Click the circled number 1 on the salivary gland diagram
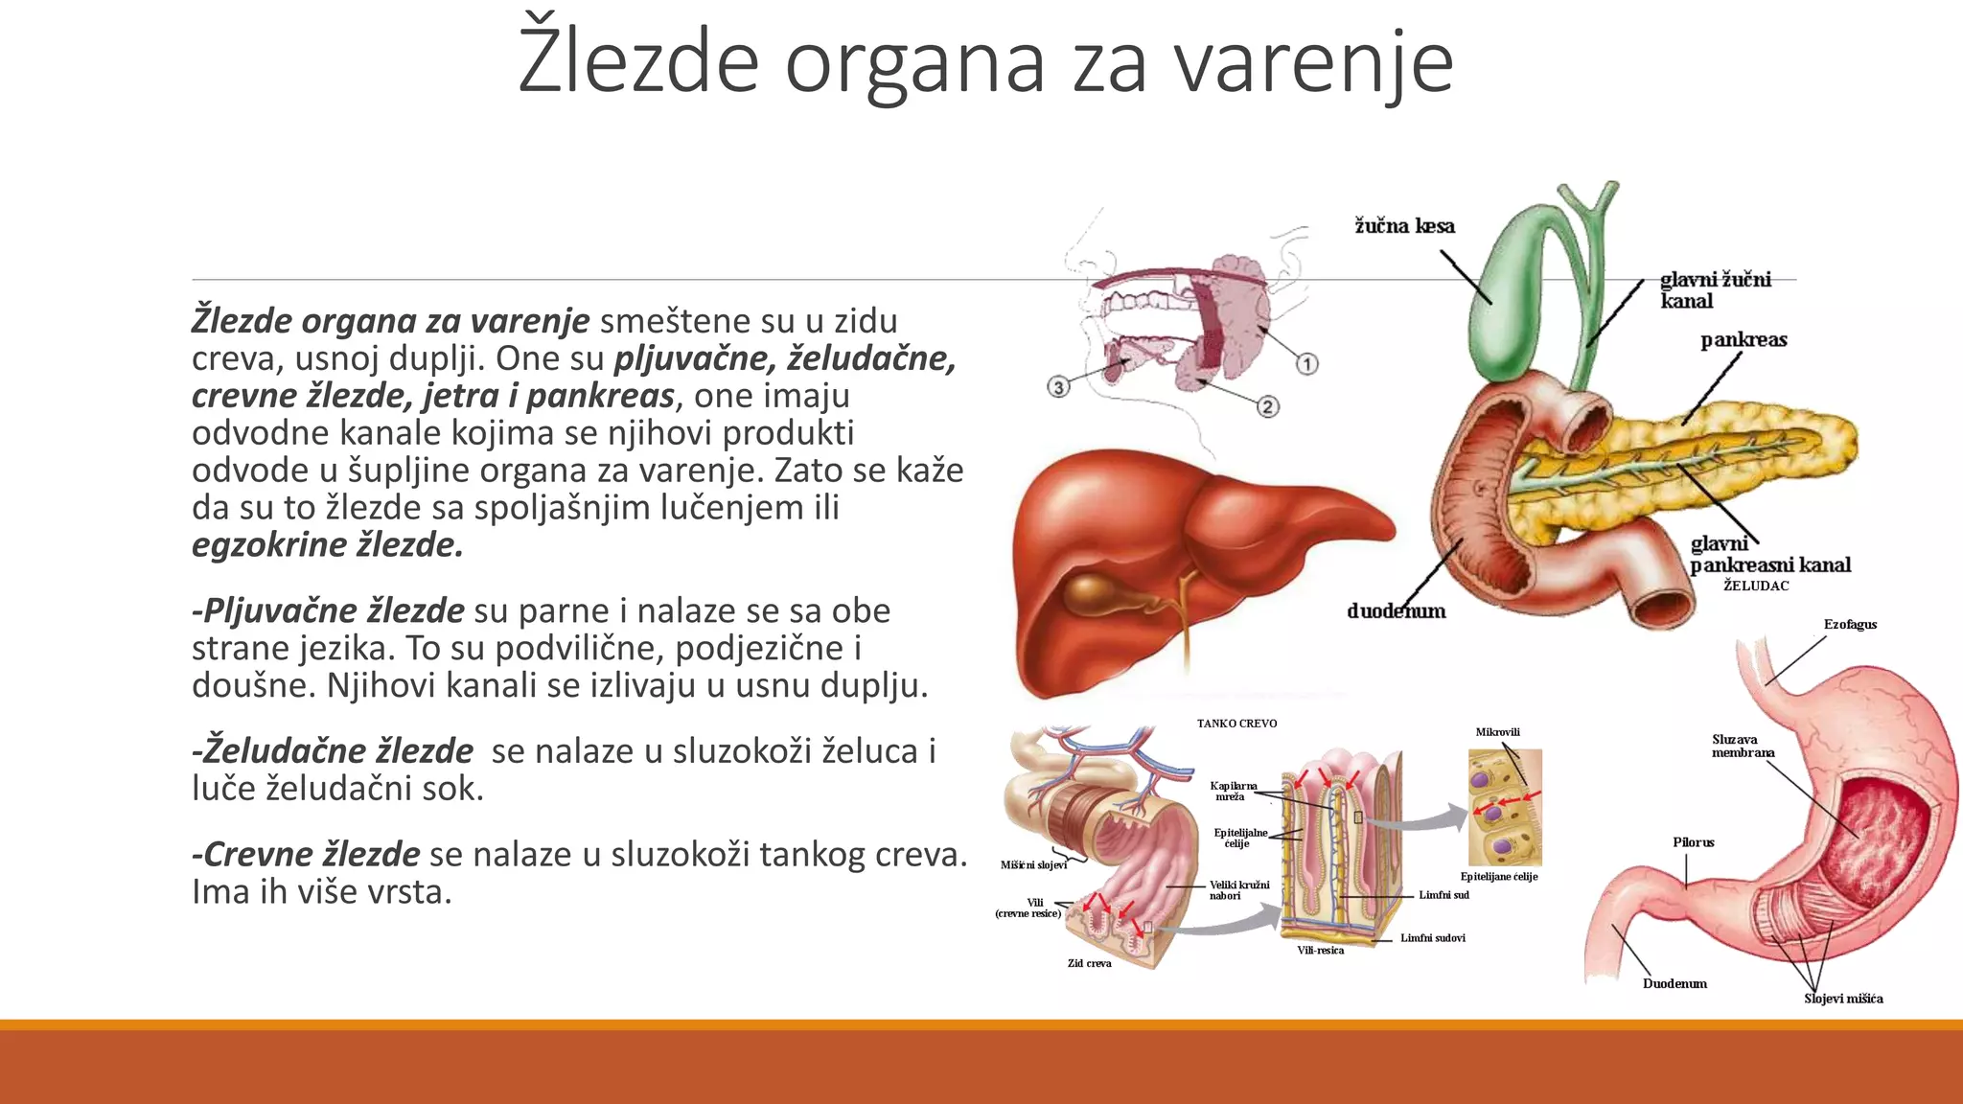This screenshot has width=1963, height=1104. click(x=1306, y=364)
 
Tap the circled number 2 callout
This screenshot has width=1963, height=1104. click(x=1267, y=406)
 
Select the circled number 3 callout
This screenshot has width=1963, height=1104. click(x=1057, y=387)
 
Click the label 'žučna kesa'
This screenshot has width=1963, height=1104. click(x=1404, y=226)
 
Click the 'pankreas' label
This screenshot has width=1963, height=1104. click(x=1744, y=340)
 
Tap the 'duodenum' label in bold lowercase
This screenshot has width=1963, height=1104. click(x=1396, y=611)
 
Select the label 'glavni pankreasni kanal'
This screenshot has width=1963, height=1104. click(x=1769, y=555)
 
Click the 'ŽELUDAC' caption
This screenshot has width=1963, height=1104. click(x=1756, y=586)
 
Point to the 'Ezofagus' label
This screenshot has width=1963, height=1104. click(x=1850, y=625)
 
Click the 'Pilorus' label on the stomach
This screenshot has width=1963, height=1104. click(x=1694, y=842)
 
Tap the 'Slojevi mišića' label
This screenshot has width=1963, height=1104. click(x=1843, y=999)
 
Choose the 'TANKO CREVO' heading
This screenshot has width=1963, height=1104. click(x=1236, y=724)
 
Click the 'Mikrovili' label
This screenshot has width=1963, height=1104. click(x=1498, y=732)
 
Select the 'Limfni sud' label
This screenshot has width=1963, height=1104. click(x=1443, y=895)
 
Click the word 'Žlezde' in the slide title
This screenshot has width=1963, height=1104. click(x=637, y=62)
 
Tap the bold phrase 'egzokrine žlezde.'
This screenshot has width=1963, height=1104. click(x=328, y=544)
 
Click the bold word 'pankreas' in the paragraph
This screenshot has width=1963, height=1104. click(x=601, y=395)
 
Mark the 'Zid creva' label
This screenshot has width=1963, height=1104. click(x=1089, y=963)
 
